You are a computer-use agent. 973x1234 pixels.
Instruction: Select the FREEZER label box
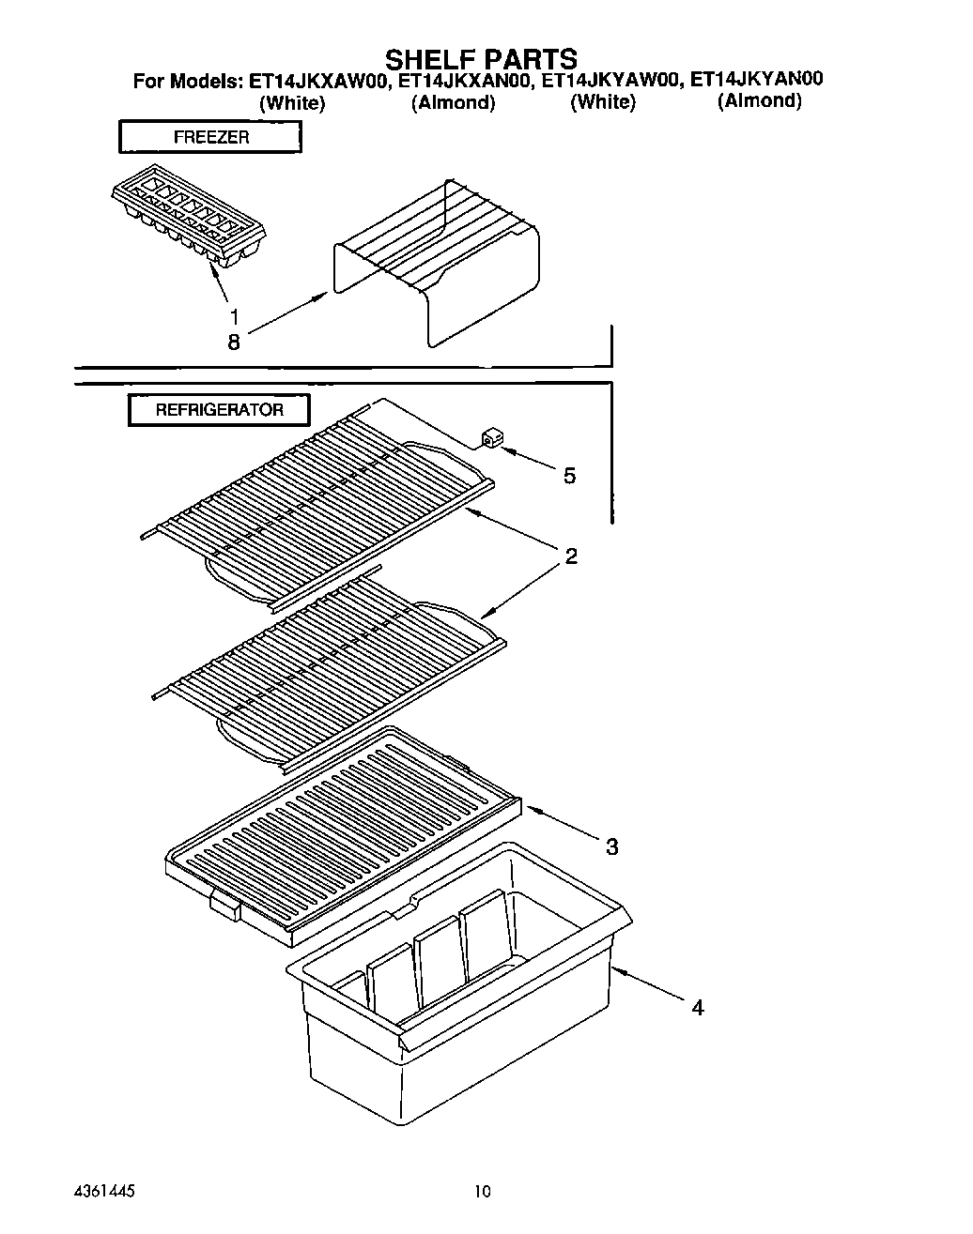click(x=209, y=137)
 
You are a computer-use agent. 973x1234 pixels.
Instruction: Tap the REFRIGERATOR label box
click(x=219, y=410)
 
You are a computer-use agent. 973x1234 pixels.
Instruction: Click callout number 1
click(x=234, y=317)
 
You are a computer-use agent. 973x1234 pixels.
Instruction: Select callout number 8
click(x=233, y=343)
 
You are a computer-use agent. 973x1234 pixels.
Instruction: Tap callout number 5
click(x=569, y=476)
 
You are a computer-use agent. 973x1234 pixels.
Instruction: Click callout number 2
click(x=570, y=556)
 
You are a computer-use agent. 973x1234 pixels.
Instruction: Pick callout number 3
click(x=611, y=847)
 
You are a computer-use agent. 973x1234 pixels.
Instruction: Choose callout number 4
click(x=697, y=1008)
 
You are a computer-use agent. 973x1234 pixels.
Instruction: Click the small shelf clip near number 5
click(x=490, y=438)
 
